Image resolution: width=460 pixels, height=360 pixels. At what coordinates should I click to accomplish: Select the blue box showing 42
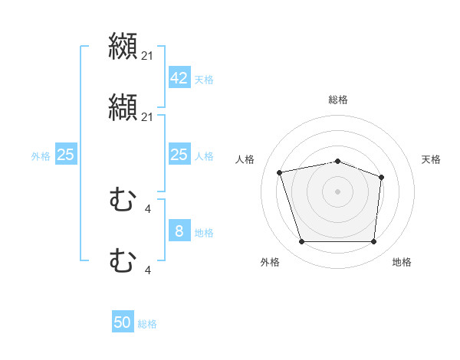click(x=179, y=78)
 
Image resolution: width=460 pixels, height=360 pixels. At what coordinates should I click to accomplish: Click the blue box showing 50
click(x=123, y=322)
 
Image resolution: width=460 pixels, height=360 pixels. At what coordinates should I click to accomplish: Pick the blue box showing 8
click(x=179, y=231)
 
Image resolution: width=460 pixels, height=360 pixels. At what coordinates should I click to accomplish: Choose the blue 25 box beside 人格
click(x=179, y=155)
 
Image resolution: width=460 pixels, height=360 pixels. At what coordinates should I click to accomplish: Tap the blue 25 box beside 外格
click(x=65, y=155)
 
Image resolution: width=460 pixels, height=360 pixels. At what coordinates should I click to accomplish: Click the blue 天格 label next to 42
click(x=204, y=79)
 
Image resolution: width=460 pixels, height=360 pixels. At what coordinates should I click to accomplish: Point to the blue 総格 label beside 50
click(x=147, y=324)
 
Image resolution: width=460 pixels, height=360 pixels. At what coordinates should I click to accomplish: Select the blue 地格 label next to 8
click(x=204, y=232)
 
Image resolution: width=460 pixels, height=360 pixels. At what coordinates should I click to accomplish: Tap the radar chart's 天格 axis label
click(x=431, y=159)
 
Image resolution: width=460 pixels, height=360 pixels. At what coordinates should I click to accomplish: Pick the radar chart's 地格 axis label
click(x=402, y=262)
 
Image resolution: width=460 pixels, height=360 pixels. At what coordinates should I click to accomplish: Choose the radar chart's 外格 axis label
click(x=270, y=262)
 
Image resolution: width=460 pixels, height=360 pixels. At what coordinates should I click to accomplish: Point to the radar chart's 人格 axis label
click(x=245, y=159)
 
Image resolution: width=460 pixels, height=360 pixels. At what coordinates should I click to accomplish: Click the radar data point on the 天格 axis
click(x=381, y=178)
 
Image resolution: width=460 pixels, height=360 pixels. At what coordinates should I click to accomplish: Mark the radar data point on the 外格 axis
click(x=301, y=242)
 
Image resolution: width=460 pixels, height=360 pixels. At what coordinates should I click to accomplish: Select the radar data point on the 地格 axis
click(x=373, y=242)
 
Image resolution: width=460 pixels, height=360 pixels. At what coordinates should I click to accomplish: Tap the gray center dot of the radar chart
click(x=337, y=191)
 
